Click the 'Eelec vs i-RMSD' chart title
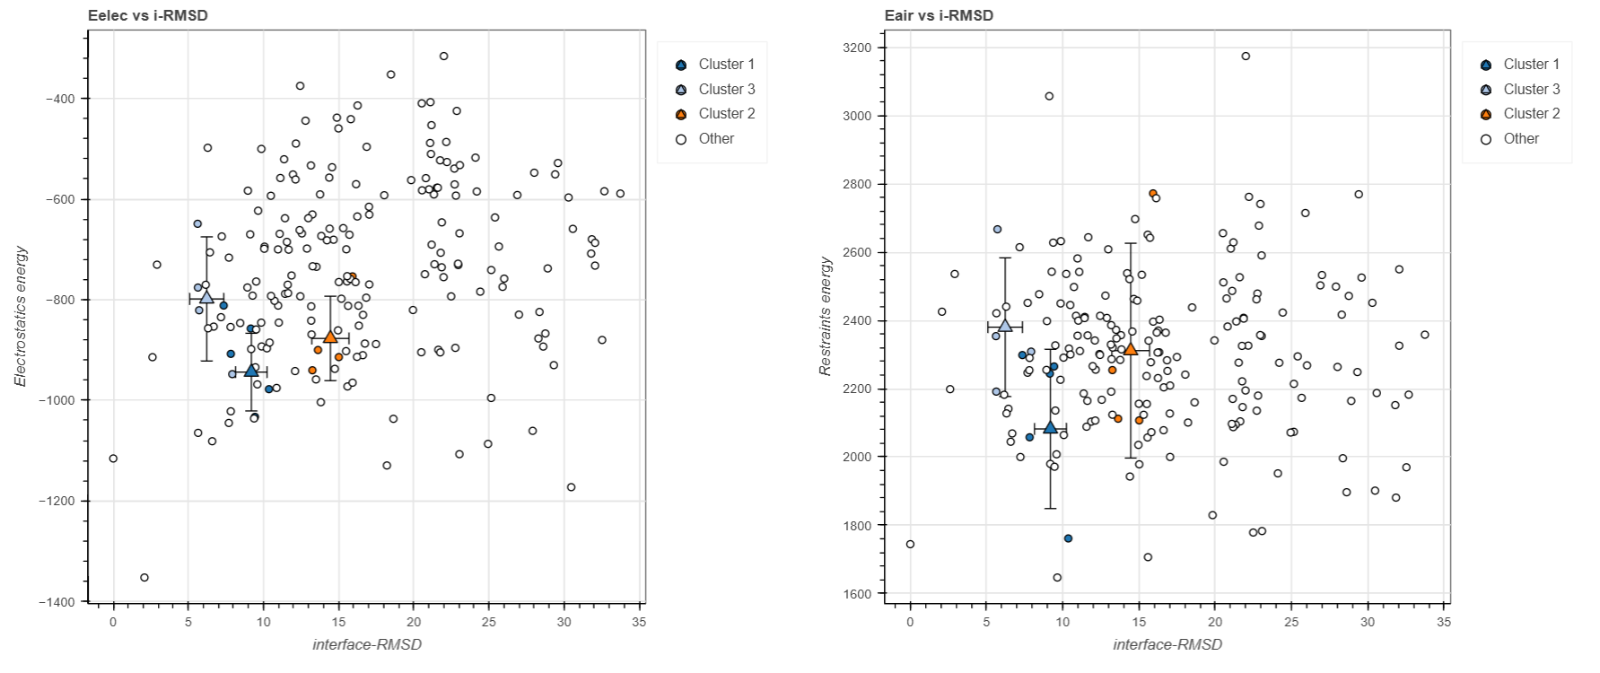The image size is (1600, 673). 148,15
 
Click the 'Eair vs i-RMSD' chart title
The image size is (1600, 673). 939,15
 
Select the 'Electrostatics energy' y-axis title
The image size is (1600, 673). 21,316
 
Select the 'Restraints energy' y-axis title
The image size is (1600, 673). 826,316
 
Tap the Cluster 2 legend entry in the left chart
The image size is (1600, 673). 726,114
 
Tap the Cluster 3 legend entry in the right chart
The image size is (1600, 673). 1531,89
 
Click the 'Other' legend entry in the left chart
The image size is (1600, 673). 715,139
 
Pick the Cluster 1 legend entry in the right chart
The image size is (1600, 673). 1531,65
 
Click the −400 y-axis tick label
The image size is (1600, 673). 63,99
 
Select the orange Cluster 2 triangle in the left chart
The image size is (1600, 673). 330,336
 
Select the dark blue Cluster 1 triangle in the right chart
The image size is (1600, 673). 1050,427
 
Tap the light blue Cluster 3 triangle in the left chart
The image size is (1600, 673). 206,297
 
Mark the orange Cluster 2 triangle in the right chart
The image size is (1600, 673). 1131,349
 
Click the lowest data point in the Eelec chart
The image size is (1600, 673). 144,578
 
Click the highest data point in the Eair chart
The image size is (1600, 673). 1246,57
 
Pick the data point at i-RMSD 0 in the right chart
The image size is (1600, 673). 910,545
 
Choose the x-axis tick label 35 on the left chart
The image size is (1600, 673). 638,622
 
